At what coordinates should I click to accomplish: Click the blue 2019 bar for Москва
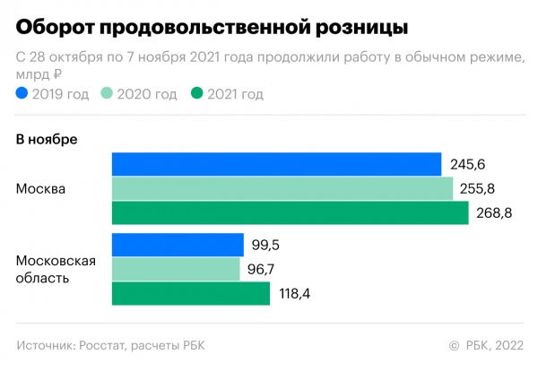tap(276, 164)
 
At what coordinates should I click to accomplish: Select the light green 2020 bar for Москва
tap(282, 188)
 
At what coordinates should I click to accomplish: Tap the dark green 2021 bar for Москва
tap(290, 213)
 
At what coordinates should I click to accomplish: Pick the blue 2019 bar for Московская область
tap(178, 245)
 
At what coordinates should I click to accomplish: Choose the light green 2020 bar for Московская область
tap(176, 269)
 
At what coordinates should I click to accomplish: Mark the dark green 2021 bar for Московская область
tap(190, 294)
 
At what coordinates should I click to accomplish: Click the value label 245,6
tap(466, 164)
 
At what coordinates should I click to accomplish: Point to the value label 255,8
tap(478, 188)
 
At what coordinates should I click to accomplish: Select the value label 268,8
tap(492, 213)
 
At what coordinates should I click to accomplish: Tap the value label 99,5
tap(265, 245)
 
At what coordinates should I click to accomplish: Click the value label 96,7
tap(263, 269)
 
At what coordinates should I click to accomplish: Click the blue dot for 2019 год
tap(22, 93)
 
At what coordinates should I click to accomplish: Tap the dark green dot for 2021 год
tap(197, 93)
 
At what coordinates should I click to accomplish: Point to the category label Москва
tap(40, 189)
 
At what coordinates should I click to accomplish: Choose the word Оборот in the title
tap(53, 26)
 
